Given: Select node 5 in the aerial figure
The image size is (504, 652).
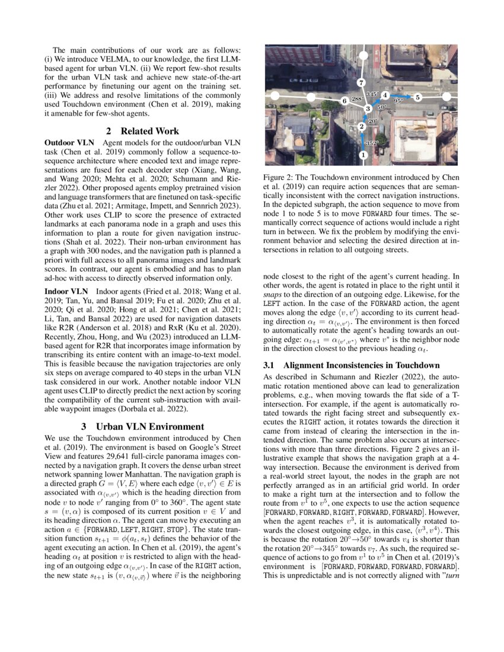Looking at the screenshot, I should click(x=417, y=97).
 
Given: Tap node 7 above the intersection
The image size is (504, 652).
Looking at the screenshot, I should click(x=362, y=82).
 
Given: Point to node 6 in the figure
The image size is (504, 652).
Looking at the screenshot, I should click(x=344, y=102).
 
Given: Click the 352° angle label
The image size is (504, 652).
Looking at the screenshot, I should click(x=372, y=143).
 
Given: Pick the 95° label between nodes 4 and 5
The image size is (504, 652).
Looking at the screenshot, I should click(x=398, y=101).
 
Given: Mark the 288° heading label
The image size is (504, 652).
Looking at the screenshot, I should click(x=358, y=98).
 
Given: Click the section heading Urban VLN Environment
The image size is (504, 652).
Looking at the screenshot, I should click(x=150, y=426).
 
